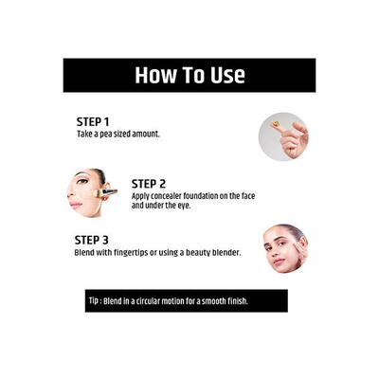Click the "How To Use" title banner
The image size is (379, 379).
pos(189,75)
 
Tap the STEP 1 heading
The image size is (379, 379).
pos(93,122)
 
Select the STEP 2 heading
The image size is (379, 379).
pos(149,183)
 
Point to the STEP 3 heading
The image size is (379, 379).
pos(93,241)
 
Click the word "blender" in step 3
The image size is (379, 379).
pos(225,253)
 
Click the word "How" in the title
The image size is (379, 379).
pos(154,75)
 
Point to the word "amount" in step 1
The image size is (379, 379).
pos(144,135)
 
